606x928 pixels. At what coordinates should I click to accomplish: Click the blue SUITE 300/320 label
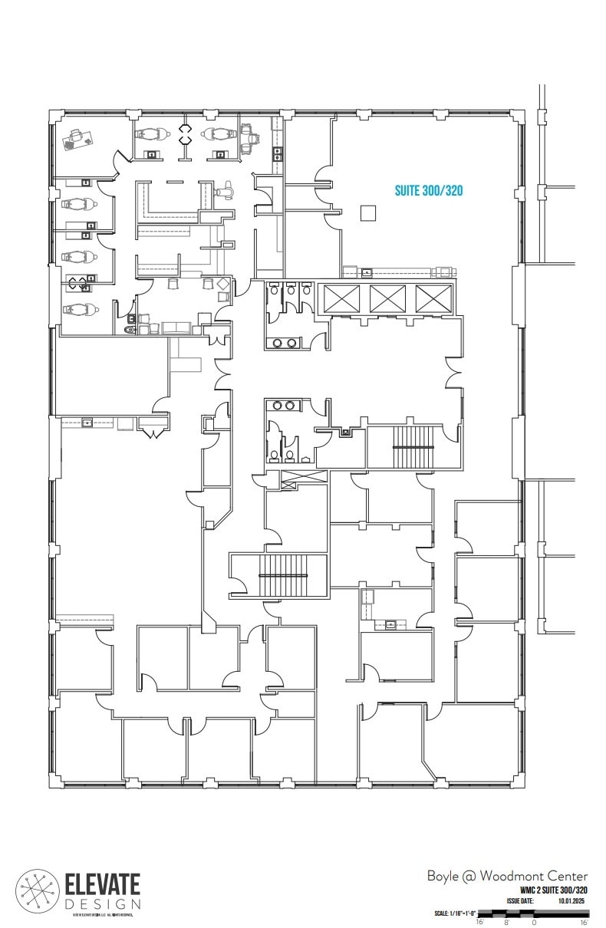click(429, 190)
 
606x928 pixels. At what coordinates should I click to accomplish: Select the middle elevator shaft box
click(387, 298)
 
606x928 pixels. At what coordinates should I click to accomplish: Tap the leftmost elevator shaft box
click(342, 298)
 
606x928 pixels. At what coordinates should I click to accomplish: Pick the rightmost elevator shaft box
click(433, 298)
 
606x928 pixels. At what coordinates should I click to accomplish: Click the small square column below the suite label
click(369, 212)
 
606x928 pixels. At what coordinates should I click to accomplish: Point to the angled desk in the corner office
click(77, 138)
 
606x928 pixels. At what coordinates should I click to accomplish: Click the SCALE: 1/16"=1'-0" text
click(456, 913)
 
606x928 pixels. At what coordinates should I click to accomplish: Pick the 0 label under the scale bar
click(534, 923)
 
